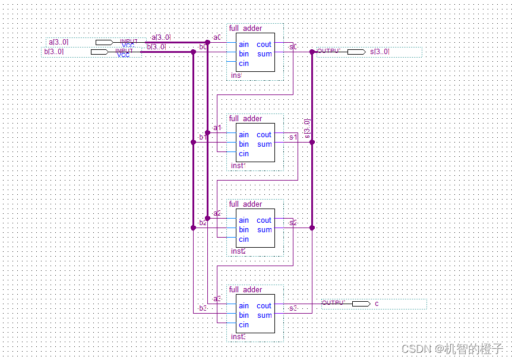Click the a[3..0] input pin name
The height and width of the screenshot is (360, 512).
point(58,42)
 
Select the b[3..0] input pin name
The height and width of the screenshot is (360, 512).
point(53,52)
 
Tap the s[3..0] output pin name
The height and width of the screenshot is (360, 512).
point(380,52)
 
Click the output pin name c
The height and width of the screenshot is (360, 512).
point(377,304)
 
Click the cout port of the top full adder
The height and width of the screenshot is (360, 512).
point(264,45)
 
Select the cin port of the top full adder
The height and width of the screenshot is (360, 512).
point(244,64)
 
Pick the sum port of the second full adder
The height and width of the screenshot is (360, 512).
point(264,144)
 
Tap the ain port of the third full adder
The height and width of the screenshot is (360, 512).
point(244,220)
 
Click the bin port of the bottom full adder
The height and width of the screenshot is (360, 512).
point(244,315)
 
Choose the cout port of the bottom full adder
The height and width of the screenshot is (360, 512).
point(264,306)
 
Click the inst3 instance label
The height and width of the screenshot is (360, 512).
point(238,337)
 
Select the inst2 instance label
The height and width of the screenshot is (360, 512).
point(238,251)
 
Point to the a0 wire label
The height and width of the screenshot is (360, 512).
point(217,37)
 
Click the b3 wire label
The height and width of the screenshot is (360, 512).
point(203,308)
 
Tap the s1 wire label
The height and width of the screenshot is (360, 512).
point(293,137)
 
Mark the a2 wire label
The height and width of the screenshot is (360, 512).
point(217,213)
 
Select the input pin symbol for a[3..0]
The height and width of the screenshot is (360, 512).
point(104,42)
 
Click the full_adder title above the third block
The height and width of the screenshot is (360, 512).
point(245,204)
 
